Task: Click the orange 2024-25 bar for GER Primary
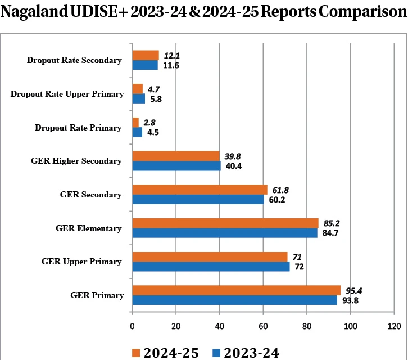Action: point(236,290)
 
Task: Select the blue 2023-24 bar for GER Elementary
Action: point(224,233)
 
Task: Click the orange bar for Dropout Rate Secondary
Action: point(145,55)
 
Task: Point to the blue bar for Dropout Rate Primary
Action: point(137,133)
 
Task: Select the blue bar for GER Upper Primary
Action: point(211,267)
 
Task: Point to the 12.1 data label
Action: point(172,55)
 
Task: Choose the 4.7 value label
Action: point(155,88)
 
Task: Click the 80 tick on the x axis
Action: point(307,326)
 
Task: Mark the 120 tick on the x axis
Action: point(394,326)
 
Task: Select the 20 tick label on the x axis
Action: point(176,326)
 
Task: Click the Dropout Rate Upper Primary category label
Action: point(67,94)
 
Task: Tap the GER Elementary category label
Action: point(89,228)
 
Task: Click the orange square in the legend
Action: point(135,352)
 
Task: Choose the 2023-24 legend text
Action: point(251,352)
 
